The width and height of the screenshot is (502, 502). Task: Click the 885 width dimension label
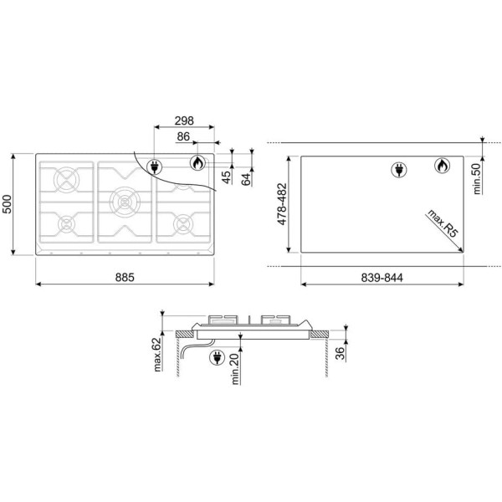click(125, 277)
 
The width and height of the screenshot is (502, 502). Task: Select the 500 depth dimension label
click(9, 205)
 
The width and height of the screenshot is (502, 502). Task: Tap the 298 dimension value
click(185, 120)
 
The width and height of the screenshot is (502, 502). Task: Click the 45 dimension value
click(226, 177)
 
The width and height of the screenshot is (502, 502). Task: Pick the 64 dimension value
click(246, 178)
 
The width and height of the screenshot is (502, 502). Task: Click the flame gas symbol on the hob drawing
click(197, 164)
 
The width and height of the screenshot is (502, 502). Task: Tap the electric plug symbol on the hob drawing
click(156, 166)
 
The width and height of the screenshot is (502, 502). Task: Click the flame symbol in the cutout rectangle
click(440, 166)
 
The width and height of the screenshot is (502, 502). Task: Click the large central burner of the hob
click(124, 201)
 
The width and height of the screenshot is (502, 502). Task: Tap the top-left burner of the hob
click(65, 180)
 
